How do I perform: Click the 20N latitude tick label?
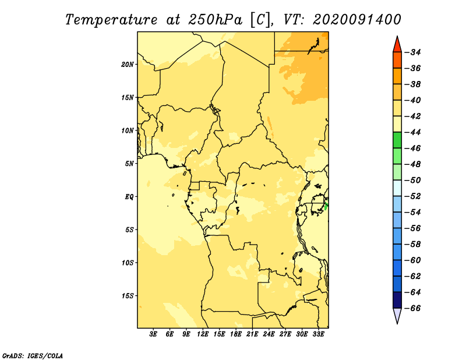click(127, 65)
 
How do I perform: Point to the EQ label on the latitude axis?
click(129, 197)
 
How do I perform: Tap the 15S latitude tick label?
click(128, 296)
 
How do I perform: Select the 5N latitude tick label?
click(129, 164)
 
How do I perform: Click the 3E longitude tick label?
click(153, 334)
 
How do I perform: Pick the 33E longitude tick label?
click(318, 334)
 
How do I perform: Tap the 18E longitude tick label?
click(236, 334)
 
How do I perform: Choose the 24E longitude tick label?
click(269, 334)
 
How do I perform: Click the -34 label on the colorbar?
click(414, 52)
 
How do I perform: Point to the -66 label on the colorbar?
click(414, 308)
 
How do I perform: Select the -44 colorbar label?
click(414, 132)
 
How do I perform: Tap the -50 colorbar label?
click(414, 181)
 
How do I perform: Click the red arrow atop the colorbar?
click(397, 45)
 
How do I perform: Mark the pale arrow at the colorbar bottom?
click(397, 315)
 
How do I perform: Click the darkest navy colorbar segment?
click(397, 300)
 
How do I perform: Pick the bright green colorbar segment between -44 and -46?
click(397, 140)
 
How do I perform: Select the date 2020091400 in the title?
click(357, 20)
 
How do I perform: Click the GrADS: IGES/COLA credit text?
click(33, 355)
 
